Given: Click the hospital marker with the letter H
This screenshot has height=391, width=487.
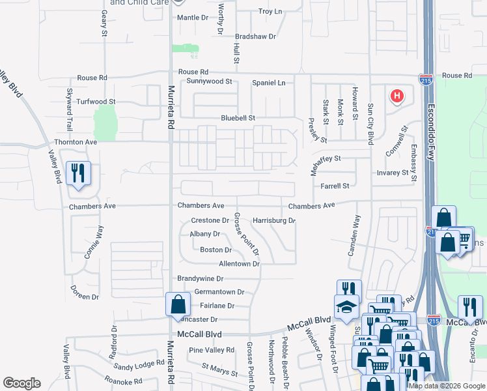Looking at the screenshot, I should coord(397,97).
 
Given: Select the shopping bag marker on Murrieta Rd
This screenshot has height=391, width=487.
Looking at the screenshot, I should coord(178,305).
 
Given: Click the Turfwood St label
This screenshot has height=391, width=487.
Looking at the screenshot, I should coord(96,102).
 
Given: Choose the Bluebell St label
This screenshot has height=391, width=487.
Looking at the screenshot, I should coord(238,118).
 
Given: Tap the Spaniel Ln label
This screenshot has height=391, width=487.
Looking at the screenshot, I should coord(269,83).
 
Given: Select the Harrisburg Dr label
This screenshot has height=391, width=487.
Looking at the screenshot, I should coord(274,221).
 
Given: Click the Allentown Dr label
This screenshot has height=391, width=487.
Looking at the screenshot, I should coord(239,264).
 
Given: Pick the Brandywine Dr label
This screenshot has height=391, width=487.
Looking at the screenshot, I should coord(201,278).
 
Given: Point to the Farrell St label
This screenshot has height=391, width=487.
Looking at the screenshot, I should coord(335,186).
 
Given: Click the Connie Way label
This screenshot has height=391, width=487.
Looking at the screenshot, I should coord(94,242).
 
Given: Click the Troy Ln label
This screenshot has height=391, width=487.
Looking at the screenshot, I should coord(270,12).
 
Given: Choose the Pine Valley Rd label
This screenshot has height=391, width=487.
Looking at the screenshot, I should coord(211,351).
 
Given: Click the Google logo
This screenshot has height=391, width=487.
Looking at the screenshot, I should coord(22,383).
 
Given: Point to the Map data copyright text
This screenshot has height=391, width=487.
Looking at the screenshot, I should coord(447,386).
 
